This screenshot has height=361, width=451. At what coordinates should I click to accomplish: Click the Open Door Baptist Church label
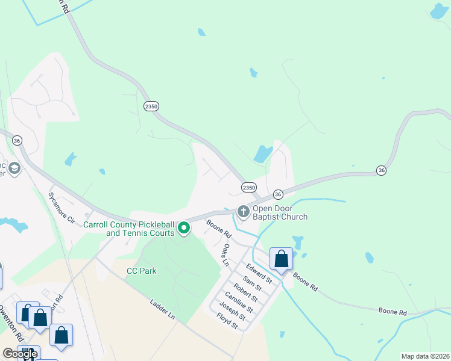[280, 213]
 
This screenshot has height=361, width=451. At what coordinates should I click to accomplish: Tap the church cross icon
[243, 211]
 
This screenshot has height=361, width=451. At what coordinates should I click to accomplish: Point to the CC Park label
[142, 271]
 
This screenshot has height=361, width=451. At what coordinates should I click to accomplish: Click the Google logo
[20, 354]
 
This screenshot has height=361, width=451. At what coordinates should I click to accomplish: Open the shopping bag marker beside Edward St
[281, 259]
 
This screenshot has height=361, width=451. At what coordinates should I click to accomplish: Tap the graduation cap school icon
[14, 168]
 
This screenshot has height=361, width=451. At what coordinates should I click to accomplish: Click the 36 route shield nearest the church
[277, 194]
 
